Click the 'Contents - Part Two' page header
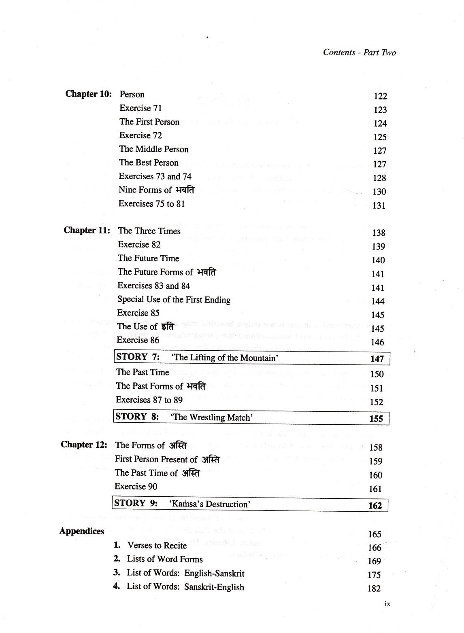[x=359, y=53]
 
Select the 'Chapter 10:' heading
[x=88, y=94]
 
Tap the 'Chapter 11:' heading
[x=87, y=231]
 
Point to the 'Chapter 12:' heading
[x=84, y=445]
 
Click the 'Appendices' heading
[x=82, y=531]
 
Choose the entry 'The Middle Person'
[x=154, y=149]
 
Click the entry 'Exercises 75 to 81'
[x=151, y=204]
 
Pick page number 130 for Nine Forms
[x=379, y=192]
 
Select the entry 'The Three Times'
[x=149, y=231]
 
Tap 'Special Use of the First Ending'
[x=174, y=300]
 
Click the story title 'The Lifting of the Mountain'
[x=225, y=358]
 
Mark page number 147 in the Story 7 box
[x=377, y=359]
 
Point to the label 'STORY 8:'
[x=137, y=417]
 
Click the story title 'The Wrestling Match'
[x=212, y=417]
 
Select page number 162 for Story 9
[x=375, y=506]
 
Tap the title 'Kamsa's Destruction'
[x=209, y=504]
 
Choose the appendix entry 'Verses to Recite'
[x=157, y=546]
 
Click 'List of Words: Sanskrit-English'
[x=185, y=587]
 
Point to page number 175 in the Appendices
[x=374, y=575]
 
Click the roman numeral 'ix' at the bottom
[x=387, y=604]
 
